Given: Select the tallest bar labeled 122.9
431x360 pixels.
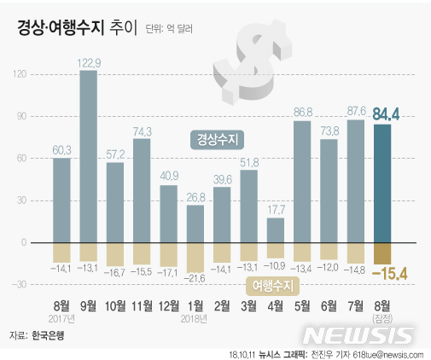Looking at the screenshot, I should click(x=88, y=154).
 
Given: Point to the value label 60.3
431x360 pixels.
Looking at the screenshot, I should click(x=61, y=151).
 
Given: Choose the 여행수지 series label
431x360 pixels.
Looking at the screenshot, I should click(x=271, y=283).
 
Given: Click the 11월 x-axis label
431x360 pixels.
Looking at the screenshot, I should click(x=143, y=304).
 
